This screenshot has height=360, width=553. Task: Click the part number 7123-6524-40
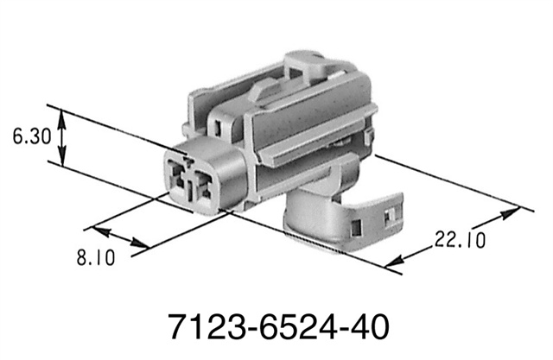click(x=276, y=328)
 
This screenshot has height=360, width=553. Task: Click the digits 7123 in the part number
click(x=198, y=328)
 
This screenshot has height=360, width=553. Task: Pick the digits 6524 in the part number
click(x=284, y=328)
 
